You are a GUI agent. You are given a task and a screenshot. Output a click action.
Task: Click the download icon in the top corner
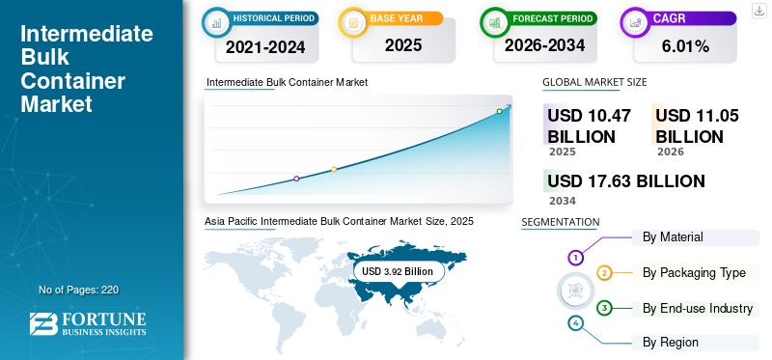point(758,11)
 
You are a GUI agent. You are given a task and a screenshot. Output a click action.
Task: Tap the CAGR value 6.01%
point(685,46)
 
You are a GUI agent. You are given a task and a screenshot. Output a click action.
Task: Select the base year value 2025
point(403,45)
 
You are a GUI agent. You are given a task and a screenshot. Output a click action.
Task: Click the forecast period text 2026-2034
point(544,45)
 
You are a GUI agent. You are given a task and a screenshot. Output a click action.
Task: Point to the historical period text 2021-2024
point(265,47)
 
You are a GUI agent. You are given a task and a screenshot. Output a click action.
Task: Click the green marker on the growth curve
point(499,111)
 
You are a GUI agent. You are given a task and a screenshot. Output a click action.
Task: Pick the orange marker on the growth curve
point(334,170)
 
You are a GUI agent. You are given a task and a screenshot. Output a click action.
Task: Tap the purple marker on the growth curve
point(296,179)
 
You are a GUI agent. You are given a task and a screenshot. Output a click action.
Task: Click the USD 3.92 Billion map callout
point(399,271)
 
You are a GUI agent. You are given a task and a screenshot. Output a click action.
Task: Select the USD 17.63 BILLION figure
point(626,181)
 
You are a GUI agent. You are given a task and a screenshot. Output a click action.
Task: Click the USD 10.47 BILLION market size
point(590,126)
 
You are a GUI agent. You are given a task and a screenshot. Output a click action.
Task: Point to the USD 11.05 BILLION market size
point(697,126)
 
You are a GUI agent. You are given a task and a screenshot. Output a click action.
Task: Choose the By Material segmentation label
point(673,236)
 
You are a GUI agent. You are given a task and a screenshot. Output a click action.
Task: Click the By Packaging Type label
point(694,273)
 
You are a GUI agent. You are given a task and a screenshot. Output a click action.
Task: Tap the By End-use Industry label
point(698,309)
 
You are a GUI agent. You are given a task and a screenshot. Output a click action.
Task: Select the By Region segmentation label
point(671,343)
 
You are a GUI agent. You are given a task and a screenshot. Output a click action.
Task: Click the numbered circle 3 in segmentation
point(604,309)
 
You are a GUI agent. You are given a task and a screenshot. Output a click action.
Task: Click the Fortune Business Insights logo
point(88,323)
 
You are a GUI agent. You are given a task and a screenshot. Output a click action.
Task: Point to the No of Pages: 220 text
point(79,290)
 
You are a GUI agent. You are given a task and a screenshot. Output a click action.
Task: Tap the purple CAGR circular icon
point(635,22)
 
